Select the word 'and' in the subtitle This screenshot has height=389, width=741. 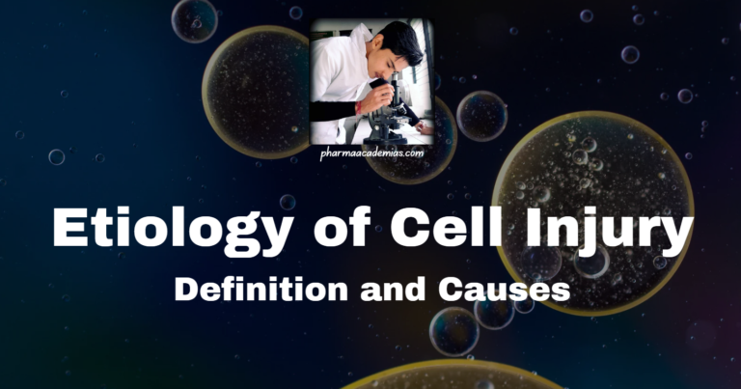[x=391, y=290]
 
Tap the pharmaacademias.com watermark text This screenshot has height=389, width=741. [x=370, y=153]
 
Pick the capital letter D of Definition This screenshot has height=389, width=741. [x=186, y=290]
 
